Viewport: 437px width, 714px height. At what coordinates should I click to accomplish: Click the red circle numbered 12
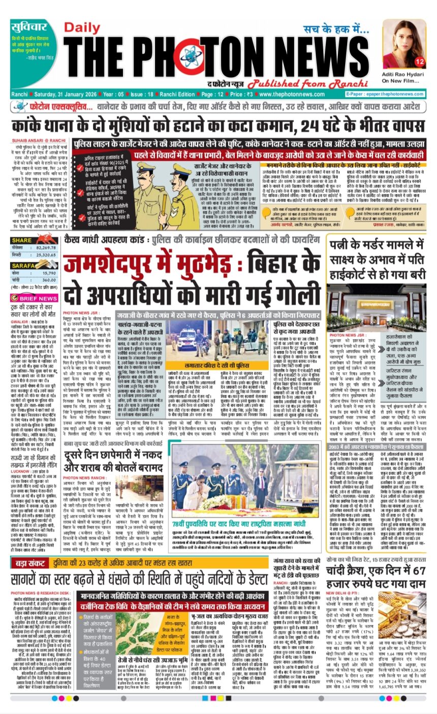tap(420, 61)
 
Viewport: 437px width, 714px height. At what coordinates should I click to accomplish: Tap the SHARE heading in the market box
tap(22, 240)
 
